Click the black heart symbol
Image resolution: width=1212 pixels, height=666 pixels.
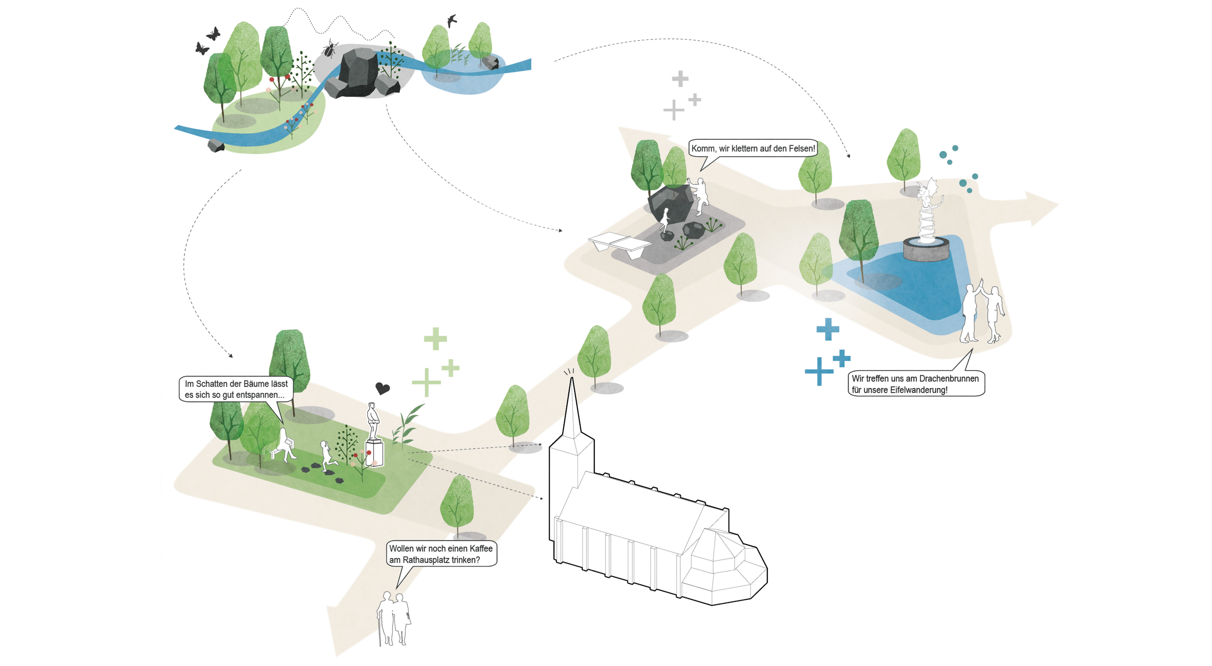[382, 388]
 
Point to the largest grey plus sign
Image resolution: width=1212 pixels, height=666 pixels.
[674, 110]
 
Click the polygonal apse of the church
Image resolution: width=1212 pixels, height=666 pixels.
[722, 569]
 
